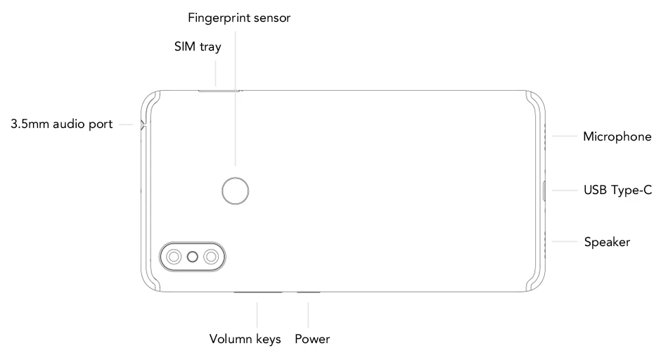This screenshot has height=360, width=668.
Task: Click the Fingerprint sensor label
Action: tap(239, 18)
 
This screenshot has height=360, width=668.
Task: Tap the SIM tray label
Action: tap(198, 46)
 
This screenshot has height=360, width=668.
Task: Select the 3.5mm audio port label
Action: tap(62, 124)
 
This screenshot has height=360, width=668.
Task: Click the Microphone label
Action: tap(617, 136)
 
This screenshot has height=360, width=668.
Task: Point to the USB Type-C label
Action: tap(618, 190)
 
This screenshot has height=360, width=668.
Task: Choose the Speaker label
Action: tap(607, 242)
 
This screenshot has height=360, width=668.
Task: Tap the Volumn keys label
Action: tap(245, 339)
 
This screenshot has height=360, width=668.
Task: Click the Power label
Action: tap(312, 339)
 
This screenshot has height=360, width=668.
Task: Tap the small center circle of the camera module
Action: tap(193, 257)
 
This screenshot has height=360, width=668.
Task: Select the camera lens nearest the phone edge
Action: tap(174, 257)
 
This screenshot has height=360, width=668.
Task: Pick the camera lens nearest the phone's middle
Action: tap(212, 257)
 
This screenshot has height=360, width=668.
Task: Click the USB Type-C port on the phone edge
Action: tap(544, 191)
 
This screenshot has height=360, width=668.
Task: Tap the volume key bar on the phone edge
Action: tap(258, 292)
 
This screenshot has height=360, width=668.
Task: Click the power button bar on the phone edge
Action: tap(309, 292)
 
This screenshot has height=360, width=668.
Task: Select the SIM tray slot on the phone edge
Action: tap(219, 90)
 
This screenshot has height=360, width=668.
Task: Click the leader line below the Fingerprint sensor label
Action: tap(235, 98)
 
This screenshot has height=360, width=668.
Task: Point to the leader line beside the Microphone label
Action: tap(565, 136)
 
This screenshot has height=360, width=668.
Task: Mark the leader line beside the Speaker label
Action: tap(565, 242)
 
